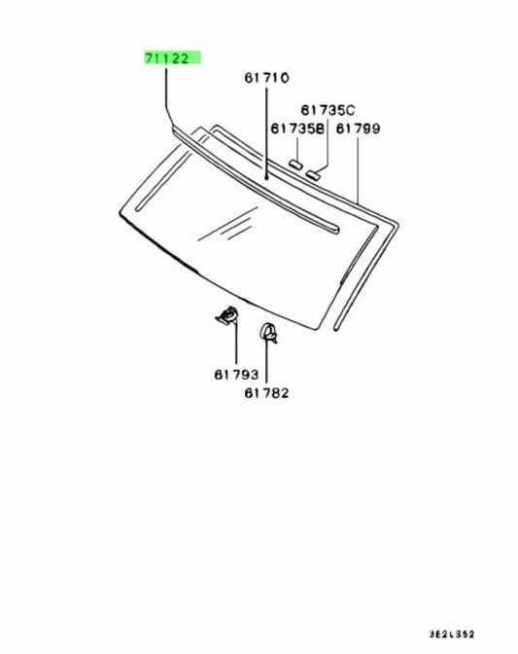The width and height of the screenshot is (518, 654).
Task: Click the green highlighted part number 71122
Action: click(x=167, y=58)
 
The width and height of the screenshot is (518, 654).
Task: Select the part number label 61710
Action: click(x=266, y=78)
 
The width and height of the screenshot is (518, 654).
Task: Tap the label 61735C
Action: click(x=328, y=110)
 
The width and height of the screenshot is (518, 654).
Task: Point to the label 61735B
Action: click(x=297, y=128)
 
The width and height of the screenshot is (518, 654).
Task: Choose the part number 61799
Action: click(x=358, y=128)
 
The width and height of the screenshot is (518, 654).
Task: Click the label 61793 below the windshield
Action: click(x=236, y=375)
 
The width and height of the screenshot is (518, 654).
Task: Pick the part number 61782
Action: click(x=266, y=393)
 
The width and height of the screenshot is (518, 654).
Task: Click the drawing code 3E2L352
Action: click(x=452, y=635)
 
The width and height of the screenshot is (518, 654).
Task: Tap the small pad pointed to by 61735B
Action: click(x=296, y=163)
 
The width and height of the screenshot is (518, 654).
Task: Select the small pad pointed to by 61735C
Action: click(x=313, y=174)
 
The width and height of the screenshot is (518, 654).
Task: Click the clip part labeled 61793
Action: click(x=227, y=315)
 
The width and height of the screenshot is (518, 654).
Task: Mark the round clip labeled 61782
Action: click(x=268, y=333)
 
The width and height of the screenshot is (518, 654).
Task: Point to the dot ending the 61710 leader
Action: click(x=266, y=178)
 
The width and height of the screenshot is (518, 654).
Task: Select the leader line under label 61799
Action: click(x=358, y=169)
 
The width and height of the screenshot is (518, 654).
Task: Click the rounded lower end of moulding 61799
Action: click(x=336, y=329)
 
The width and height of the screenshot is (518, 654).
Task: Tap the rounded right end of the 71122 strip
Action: click(x=336, y=229)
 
